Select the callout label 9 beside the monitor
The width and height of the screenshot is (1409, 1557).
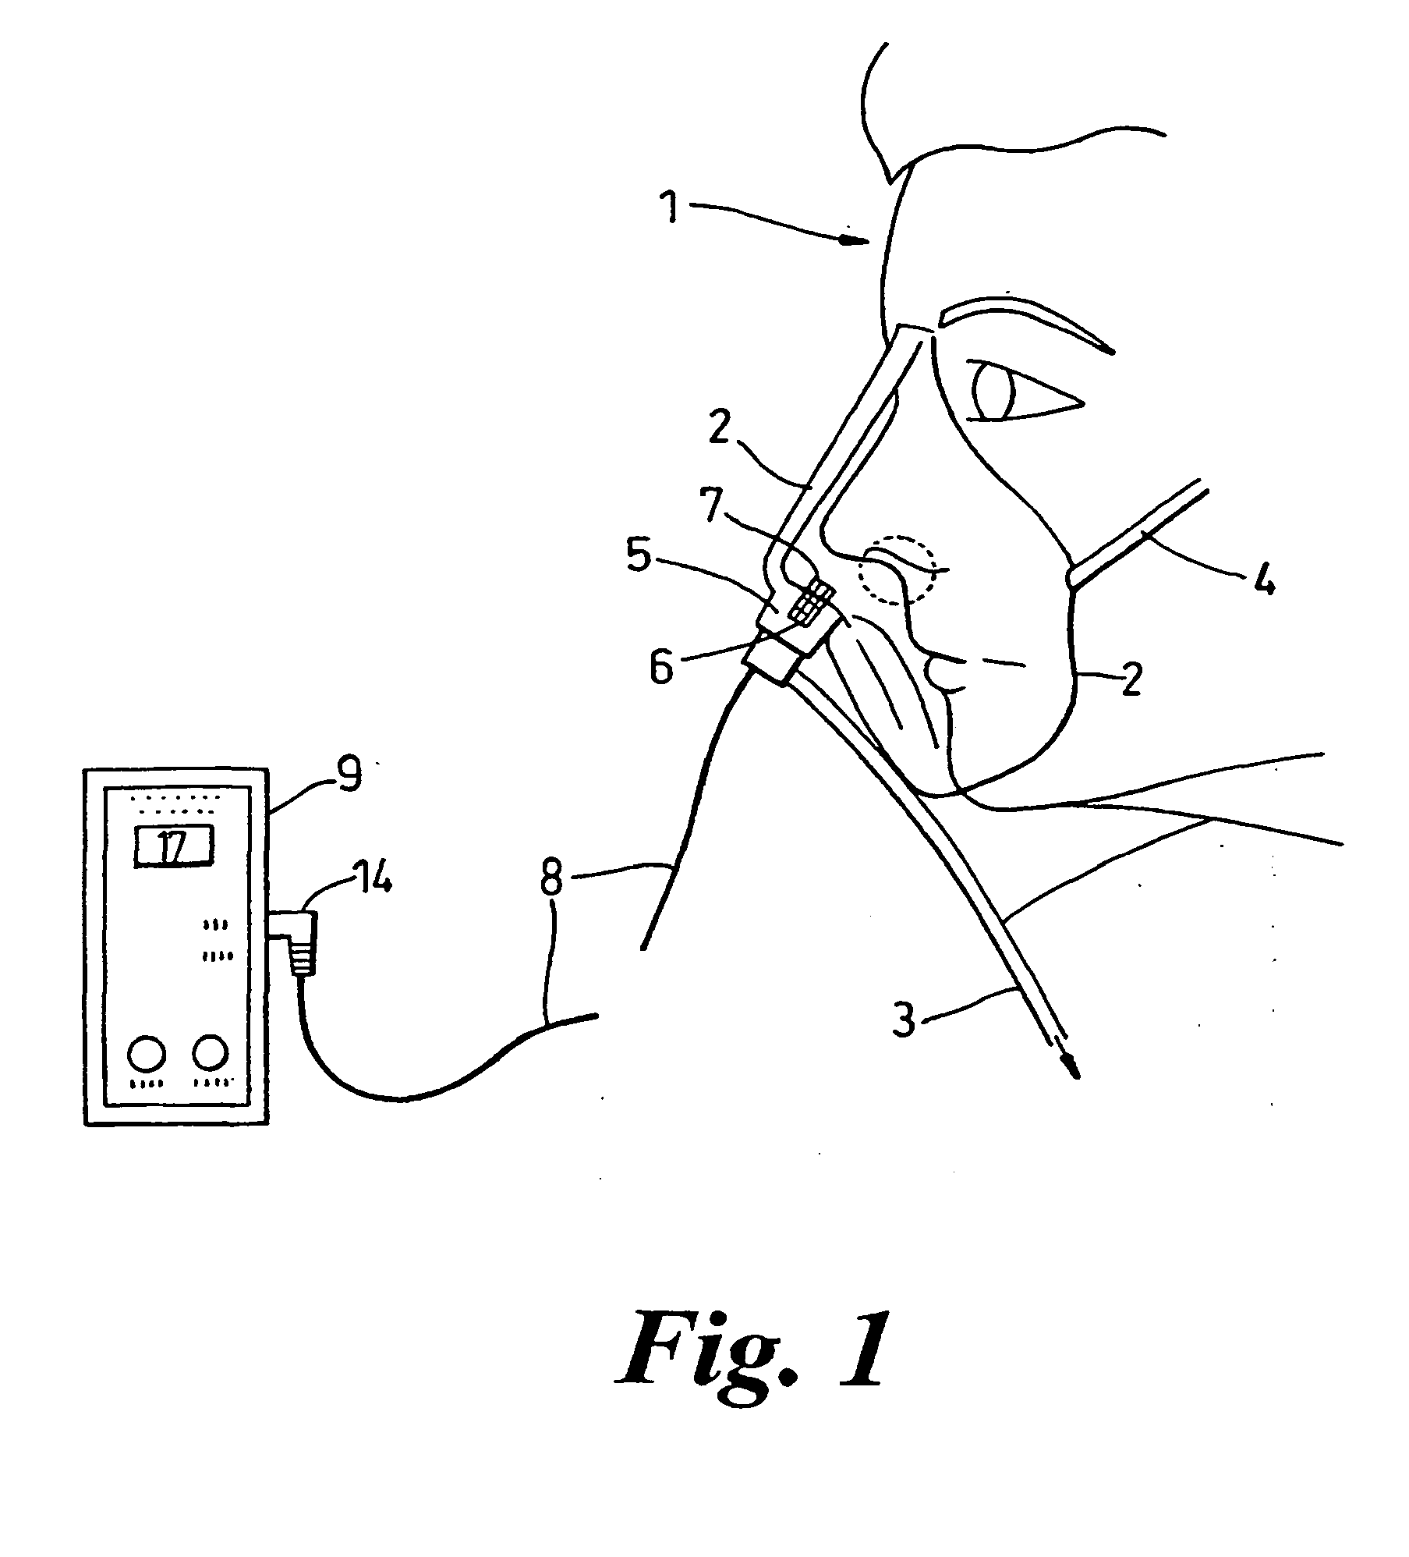click(x=350, y=775)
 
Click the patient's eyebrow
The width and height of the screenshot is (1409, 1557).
click(x=1021, y=324)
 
